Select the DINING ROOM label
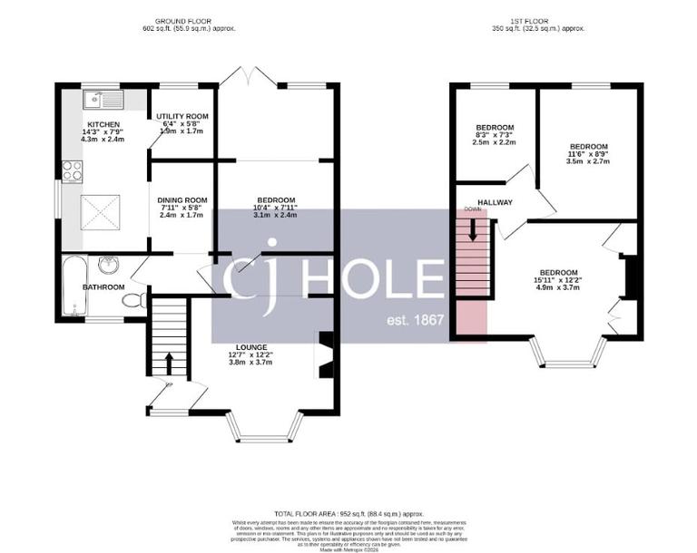[182, 200]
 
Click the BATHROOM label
[103, 287]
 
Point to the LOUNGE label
[250, 347]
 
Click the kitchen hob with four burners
[71, 170]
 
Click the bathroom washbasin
[109, 265]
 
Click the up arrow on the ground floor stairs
[169, 363]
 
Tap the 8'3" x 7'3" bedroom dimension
[495, 134]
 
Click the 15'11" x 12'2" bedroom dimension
[558, 280]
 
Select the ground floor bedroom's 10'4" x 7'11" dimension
[275, 208]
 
